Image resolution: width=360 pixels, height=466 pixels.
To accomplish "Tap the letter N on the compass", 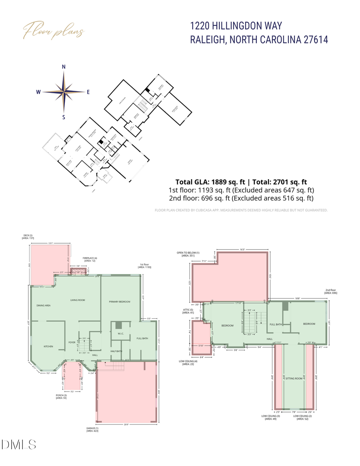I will [x=64, y=67].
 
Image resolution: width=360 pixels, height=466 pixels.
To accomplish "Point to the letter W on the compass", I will [x=38, y=92].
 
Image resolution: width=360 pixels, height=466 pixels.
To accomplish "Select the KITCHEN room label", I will [x=48, y=346].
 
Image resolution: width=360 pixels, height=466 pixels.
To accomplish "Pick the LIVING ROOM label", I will [x=78, y=300].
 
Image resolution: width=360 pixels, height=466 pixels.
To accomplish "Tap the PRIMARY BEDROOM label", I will [x=120, y=302].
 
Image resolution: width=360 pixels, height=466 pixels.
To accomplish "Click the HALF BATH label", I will [x=116, y=351].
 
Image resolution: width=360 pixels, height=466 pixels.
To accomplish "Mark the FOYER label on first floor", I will [x=72, y=342].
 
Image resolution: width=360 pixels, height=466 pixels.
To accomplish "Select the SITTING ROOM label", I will [x=294, y=378].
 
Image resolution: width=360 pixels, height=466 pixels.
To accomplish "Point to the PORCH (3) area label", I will [x=61, y=396].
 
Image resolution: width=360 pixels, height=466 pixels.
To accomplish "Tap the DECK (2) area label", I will [x=28, y=236].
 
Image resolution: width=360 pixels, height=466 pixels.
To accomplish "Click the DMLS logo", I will [x=19, y=444].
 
